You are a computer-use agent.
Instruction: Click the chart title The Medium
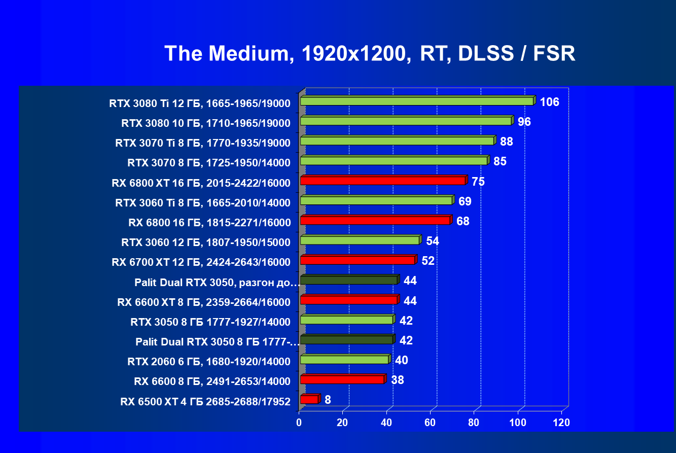[x=369, y=53]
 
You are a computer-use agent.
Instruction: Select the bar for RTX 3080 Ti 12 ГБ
[x=417, y=101]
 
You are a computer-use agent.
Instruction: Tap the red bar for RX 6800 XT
[x=383, y=181]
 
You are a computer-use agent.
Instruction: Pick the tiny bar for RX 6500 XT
[x=309, y=400]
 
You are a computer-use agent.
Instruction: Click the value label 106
[x=549, y=102]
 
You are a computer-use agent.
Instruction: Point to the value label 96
[x=524, y=122]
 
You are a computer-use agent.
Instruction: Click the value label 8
[x=328, y=400]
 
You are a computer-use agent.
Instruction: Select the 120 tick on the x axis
[x=561, y=423]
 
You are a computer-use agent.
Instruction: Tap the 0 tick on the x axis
[x=299, y=423]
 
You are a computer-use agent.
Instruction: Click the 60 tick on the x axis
[x=430, y=423]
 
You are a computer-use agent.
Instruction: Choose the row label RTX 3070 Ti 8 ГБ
[x=203, y=143]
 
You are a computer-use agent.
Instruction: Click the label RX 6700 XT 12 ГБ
[x=201, y=262]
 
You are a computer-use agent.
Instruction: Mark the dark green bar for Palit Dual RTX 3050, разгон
[x=349, y=280]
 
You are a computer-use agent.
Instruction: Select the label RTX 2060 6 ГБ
[x=208, y=362]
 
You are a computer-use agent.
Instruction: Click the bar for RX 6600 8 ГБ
[x=342, y=379]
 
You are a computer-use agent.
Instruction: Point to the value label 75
[x=478, y=182]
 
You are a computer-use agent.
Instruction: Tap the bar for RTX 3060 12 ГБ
[x=360, y=240]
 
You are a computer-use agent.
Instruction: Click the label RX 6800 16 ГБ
[x=209, y=222]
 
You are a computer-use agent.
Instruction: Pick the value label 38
[x=397, y=380]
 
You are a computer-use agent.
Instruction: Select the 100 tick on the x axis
[x=518, y=423]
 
